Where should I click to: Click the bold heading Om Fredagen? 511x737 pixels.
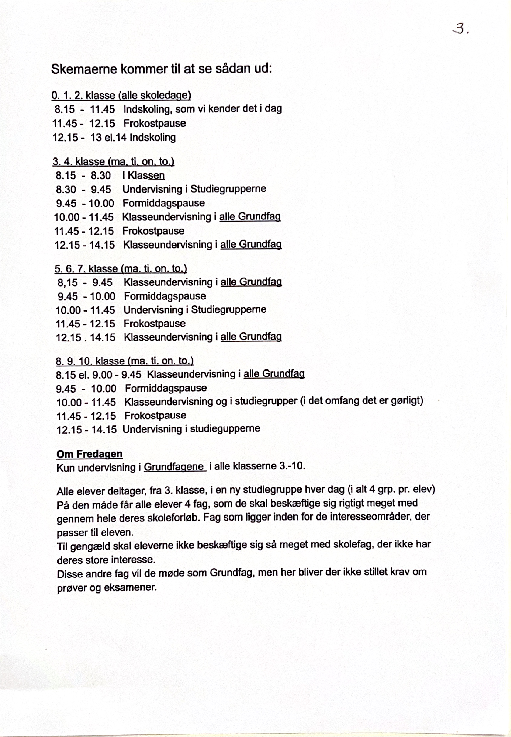pyautogui.click(x=90, y=454)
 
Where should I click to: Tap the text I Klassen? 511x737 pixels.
pyautogui.click(x=143, y=175)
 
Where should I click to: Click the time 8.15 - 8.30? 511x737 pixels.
pyautogui.click(x=83, y=175)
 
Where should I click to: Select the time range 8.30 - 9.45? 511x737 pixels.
pyautogui.click(x=83, y=189)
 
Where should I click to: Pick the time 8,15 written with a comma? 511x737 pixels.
pyautogui.click(x=67, y=283)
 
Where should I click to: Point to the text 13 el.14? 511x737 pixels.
pyautogui.click(x=109, y=138)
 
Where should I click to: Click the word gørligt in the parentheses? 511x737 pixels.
pyautogui.click(x=407, y=401)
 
